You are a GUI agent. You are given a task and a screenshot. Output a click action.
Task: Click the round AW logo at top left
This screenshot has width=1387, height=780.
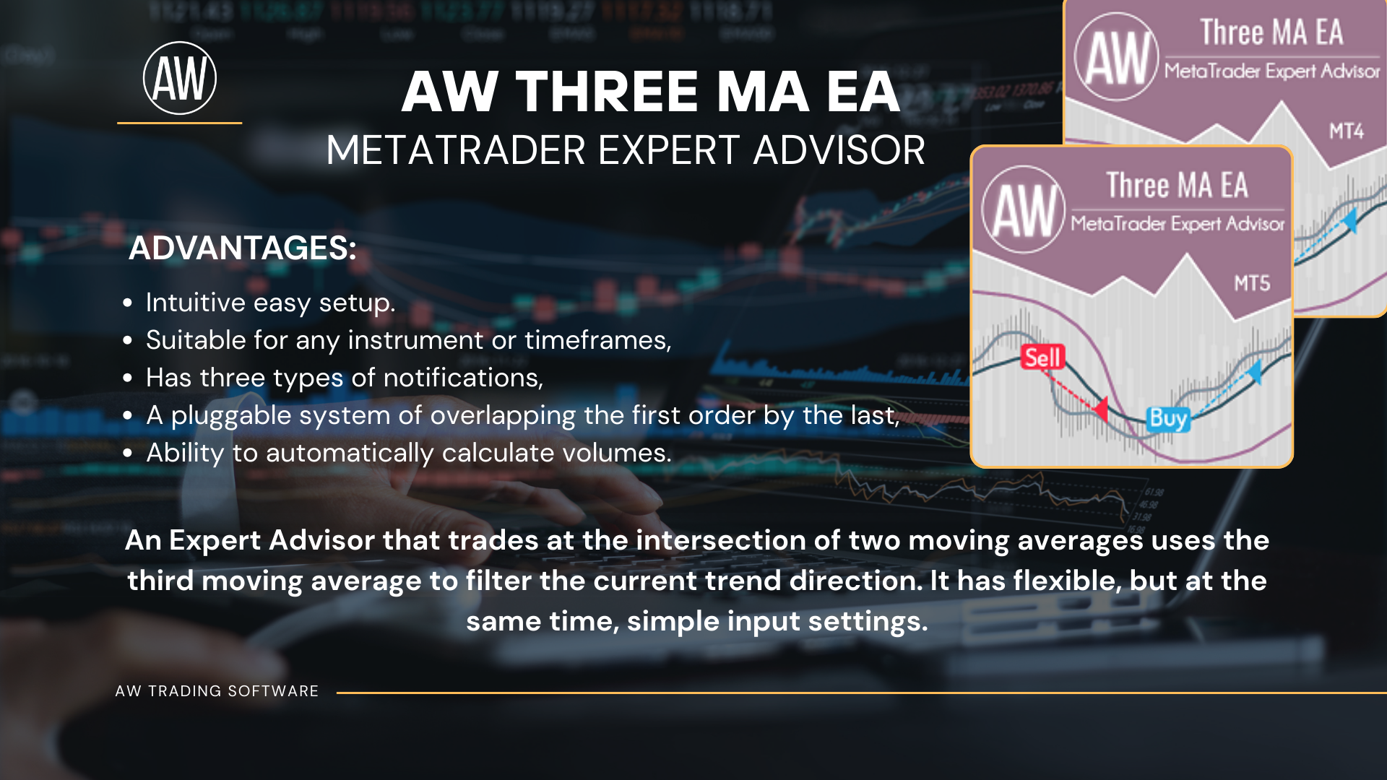(180, 78)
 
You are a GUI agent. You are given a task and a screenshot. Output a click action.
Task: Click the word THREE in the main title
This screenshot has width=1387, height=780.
(607, 92)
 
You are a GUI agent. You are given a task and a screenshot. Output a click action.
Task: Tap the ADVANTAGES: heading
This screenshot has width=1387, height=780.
(243, 248)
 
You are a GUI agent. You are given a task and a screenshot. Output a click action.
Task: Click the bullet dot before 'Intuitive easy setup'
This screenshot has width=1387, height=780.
(128, 303)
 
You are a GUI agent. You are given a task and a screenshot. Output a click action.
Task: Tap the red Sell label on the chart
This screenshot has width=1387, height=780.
(1042, 357)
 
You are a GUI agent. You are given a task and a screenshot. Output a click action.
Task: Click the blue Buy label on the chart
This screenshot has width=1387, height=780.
(1167, 418)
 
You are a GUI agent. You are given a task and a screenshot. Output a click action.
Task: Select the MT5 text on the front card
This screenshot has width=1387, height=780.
(1252, 283)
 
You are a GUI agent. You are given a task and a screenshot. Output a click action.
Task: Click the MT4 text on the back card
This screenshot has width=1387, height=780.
(1347, 131)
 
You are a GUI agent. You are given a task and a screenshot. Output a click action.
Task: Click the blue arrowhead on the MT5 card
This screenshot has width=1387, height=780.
(1255, 371)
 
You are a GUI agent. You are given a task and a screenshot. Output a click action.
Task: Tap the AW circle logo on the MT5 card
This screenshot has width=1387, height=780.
(1023, 209)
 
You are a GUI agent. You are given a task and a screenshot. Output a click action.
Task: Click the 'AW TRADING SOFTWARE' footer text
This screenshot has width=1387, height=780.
(217, 691)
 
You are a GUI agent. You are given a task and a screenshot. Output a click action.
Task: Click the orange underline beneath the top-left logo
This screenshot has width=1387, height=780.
(179, 123)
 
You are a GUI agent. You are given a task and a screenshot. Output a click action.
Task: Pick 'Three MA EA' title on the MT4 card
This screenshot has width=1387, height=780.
(1271, 32)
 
